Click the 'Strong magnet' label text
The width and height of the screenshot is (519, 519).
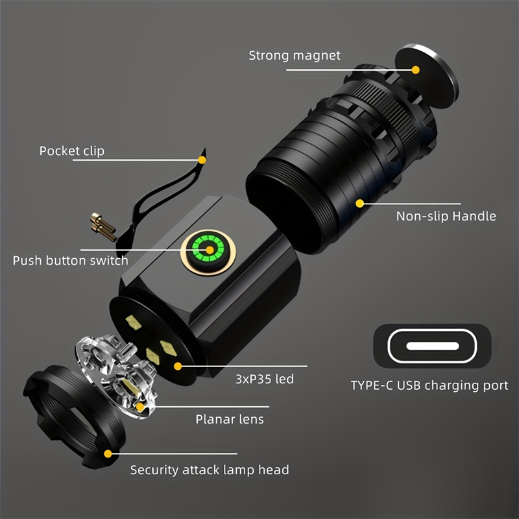(295, 55)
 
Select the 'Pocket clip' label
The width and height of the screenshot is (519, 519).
(71, 151)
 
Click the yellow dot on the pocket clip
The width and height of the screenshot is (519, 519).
(202, 159)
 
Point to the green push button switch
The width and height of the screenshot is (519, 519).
(210, 249)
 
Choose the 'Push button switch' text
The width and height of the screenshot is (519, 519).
(71, 261)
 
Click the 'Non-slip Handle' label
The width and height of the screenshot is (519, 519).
(446, 216)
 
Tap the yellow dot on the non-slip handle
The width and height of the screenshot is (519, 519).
(359, 203)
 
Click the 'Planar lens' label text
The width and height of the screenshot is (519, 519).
(230, 419)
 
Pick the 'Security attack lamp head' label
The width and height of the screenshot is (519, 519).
(210, 469)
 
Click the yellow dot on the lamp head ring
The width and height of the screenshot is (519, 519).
(108, 453)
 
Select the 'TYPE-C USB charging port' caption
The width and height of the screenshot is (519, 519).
(429, 385)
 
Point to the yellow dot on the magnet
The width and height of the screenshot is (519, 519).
(416, 69)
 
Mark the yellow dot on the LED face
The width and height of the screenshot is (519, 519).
(177, 366)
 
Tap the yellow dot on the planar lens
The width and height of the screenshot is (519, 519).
(140, 407)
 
